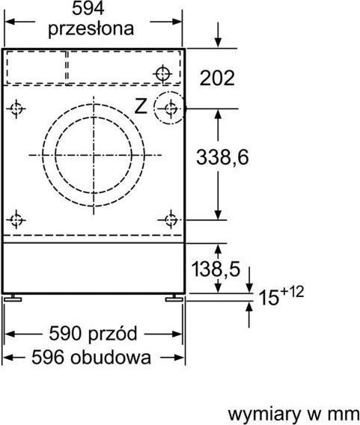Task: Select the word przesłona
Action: [91, 29]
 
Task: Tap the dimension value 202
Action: [218, 78]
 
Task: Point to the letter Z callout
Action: [140, 107]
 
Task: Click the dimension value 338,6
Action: [222, 157]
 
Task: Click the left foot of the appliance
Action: [16, 299]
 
